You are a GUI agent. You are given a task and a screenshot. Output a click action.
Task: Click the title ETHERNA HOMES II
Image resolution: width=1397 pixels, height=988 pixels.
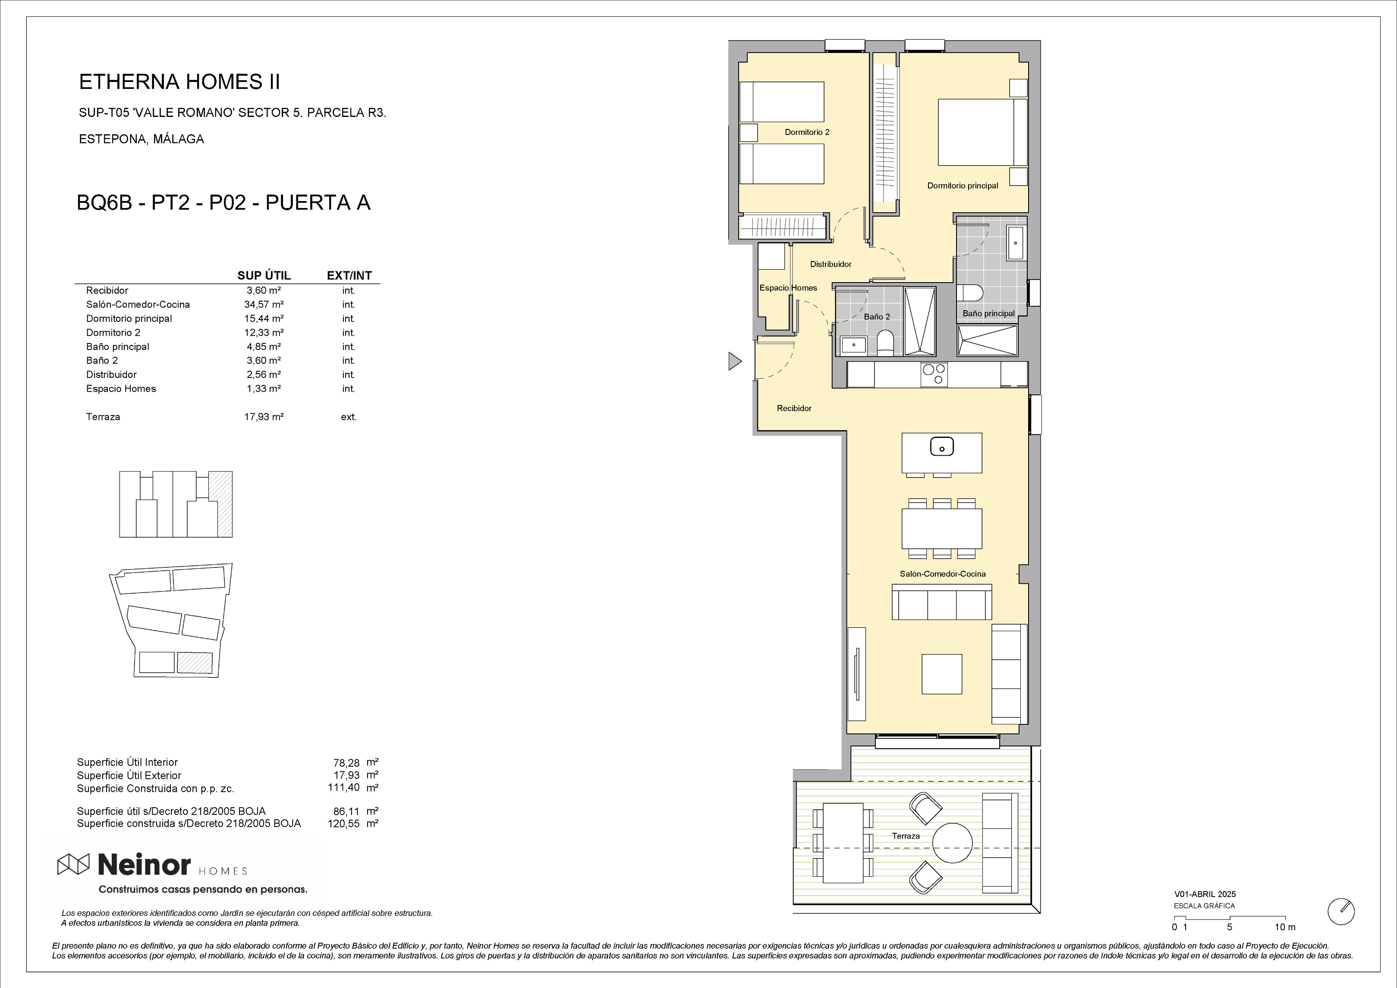[179, 82]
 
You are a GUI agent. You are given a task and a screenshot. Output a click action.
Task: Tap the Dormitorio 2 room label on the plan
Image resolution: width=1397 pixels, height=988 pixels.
[807, 132]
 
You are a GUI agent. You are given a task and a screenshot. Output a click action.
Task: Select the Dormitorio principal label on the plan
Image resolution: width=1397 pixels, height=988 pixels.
[963, 186]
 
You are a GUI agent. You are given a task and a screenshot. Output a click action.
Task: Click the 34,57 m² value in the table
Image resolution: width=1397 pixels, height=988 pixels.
[264, 304]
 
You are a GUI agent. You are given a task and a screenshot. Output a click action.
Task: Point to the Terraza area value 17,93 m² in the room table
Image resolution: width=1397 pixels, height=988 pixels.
[264, 417]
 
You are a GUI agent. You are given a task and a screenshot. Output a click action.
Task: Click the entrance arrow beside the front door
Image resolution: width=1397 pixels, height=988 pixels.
[735, 362]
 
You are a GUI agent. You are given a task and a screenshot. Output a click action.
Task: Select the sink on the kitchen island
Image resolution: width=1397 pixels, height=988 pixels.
[942, 447]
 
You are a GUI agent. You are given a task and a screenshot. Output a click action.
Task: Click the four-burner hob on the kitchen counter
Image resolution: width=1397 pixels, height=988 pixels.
[934, 374]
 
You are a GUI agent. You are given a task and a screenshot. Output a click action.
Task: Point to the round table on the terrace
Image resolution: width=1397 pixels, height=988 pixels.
[954, 843]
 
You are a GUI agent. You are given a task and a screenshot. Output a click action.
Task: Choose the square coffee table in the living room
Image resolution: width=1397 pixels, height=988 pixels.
[942, 674]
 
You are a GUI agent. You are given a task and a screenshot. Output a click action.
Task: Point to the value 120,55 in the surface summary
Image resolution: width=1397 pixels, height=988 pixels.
[344, 824]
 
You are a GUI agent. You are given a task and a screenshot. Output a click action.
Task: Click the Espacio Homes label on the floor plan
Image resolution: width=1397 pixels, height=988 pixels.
[788, 288]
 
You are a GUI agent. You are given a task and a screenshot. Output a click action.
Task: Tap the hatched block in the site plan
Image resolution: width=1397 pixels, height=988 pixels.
[195, 662]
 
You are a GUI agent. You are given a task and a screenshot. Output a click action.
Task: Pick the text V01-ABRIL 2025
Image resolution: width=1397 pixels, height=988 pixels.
[1205, 894]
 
